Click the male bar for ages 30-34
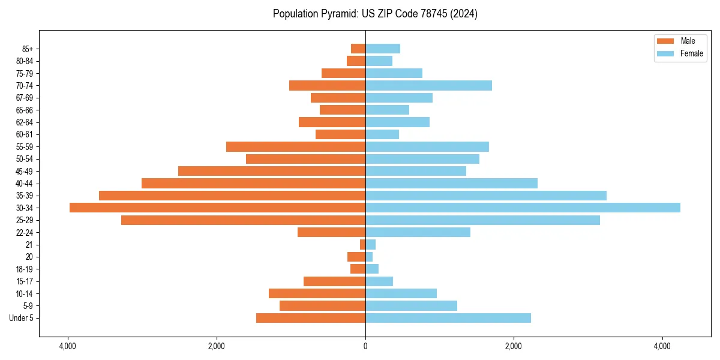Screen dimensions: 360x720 (x=217, y=208)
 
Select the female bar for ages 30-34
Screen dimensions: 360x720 (x=523, y=208)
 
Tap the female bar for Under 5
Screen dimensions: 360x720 (x=448, y=318)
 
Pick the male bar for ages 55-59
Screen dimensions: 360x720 (x=296, y=146)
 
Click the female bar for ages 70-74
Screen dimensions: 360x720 (x=428, y=85)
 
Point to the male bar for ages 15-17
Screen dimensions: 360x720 (x=334, y=281)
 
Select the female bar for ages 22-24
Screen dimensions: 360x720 (x=418, y=232)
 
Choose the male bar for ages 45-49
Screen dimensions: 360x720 (x=272, y=171)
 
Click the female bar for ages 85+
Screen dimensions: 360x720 (x=383, y=49)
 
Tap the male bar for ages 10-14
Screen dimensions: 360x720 (x=317, y=293)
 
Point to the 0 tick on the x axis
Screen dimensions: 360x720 (x=365, y=346)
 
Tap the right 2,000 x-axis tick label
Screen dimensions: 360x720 (x=514, y=346)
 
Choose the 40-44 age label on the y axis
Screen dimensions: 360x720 (x=25, y=184)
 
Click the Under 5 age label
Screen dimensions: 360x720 (x=22, y=318)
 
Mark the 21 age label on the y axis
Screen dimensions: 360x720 (x=29, y=245)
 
